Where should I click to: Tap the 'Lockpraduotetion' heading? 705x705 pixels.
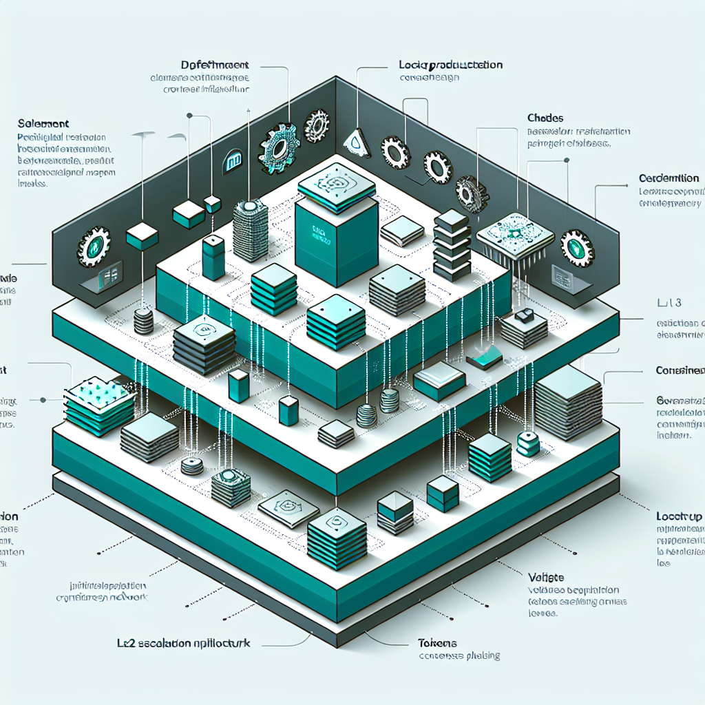click(450, 65)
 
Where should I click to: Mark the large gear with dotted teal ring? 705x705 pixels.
click(277, 148)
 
